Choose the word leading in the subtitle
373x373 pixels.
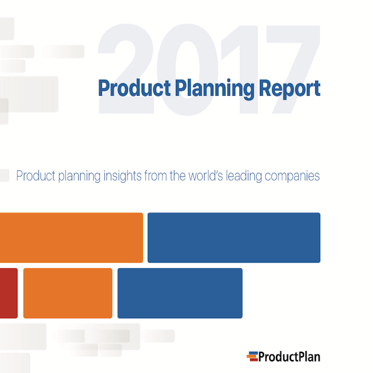pos(249,176)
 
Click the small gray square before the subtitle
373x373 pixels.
pos(5,175)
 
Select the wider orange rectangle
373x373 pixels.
pos(71,237)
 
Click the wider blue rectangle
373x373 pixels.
pos(234,237)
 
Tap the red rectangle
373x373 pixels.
pos(8,293)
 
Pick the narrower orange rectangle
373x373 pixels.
pos(68,293)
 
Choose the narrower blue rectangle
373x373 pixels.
pos(180,293)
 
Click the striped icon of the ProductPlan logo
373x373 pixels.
pos(254,357)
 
